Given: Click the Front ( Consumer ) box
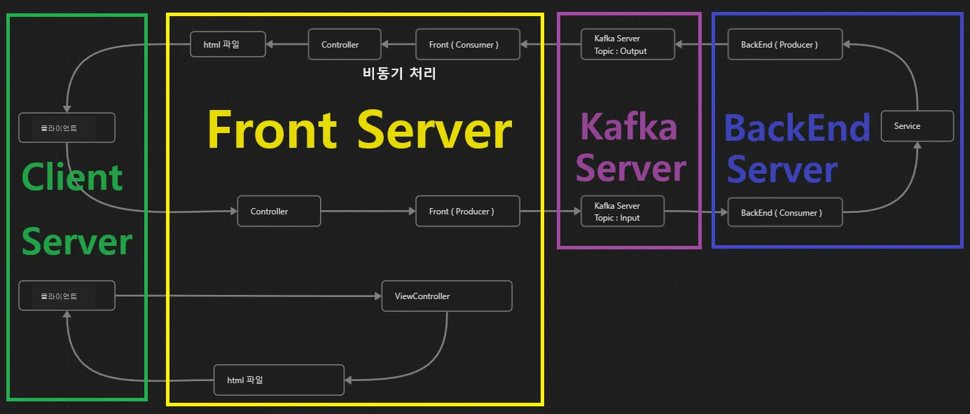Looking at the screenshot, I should [x=468, y=44].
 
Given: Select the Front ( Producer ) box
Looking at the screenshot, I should [x=468, y=212].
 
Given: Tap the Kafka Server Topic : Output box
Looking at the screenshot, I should [x=628, y=44].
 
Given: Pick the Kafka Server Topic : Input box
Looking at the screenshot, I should [x=621, y=212].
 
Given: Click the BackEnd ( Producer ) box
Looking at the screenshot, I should [x=784, y=44].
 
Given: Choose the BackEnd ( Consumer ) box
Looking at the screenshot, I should [x=784, y=212].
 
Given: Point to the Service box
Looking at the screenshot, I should [x=917, y=126].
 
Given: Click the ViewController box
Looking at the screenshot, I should [x=446, y=296].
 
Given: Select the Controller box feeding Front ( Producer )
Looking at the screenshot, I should [x=279, y=211].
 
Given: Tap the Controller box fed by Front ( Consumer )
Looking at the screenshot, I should [x=345, y=44].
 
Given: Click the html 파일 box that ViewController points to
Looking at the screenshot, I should [x=279, y=380].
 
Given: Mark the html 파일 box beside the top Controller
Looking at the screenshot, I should [x=228, y=44].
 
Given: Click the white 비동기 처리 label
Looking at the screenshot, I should [x=400, y=73].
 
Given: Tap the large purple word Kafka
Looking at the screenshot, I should [x=629, y=127].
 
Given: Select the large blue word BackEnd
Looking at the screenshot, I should [x=796, y=128].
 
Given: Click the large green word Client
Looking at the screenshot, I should [x=72, y=177].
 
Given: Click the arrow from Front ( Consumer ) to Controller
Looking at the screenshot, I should [x=399, y=44].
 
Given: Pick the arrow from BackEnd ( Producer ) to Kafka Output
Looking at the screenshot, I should [x=701, y=44].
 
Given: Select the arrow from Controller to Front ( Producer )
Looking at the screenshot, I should [x=368, y=211].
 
